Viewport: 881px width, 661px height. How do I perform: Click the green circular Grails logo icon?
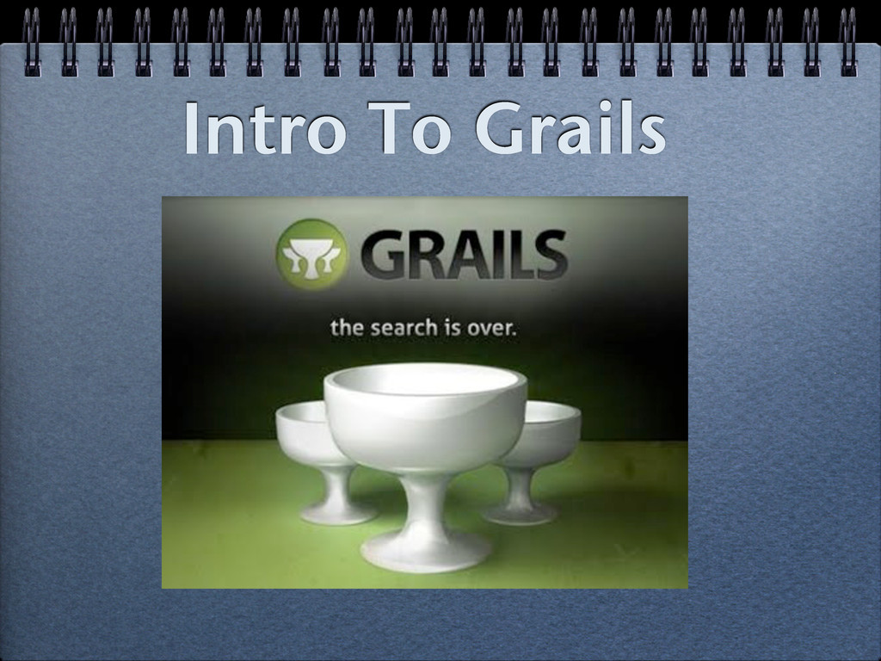[310, 254]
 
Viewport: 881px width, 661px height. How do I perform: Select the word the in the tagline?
[348, 328]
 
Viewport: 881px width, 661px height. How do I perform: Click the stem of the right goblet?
[520, 487]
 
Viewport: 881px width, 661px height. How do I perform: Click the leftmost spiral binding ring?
[32, 40]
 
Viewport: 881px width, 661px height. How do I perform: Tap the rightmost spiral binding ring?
[847, 40]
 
